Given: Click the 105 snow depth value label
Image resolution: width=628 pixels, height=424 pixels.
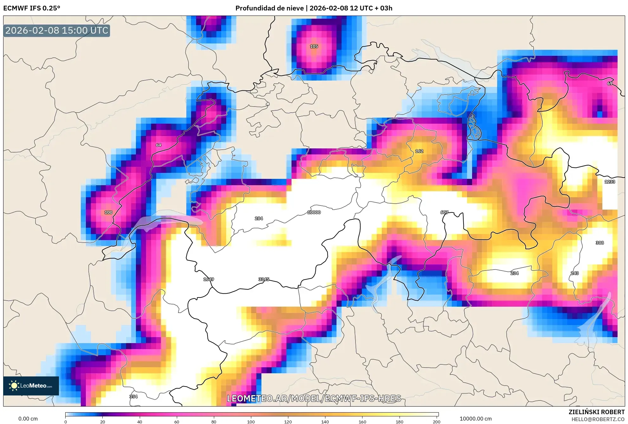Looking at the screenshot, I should [x=314, y=46].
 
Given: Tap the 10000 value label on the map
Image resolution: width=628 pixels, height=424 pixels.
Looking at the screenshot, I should [x=314, y=212].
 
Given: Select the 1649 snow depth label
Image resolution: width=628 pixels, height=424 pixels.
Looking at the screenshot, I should [x=208, y=279].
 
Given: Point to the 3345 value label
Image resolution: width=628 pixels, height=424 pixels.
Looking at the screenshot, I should [x=264, y=279].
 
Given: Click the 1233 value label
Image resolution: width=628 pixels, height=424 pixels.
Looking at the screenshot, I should [x=610, y=182].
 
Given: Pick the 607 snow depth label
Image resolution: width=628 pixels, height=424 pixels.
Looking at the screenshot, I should [x=444, y=212].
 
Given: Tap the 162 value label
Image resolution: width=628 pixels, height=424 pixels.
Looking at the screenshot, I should [x=419, y=151].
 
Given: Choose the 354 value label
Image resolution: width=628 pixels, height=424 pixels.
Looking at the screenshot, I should [x=133, y=396].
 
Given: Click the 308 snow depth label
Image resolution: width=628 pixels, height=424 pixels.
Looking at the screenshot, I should [x=599, y=243].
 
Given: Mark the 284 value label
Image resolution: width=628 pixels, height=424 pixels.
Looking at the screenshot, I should [x=259, y=219].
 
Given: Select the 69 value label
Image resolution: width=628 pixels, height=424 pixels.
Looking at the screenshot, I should [x=610, y=83].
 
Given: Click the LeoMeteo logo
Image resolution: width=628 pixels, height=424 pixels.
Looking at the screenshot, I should [x=31, y=386].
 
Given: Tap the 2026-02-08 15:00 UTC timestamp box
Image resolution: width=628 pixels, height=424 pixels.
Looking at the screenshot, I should [x=57, y=30].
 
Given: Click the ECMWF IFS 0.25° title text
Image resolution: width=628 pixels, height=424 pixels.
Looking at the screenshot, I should [x=32, y=8].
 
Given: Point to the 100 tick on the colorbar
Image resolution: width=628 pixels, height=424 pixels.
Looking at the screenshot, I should [x=251, y=422].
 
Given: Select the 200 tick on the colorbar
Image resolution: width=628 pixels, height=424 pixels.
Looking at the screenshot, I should [x=436, y=422].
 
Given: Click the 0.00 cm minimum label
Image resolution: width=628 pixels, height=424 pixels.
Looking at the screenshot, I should [x=28, y=419].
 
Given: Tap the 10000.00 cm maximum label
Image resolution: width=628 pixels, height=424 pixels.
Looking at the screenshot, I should [x=476, y=419].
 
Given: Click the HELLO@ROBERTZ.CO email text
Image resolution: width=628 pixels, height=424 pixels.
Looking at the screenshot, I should [x=598, y=419].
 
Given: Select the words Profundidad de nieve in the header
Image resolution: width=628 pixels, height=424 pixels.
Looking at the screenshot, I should [x=269, y=8].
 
